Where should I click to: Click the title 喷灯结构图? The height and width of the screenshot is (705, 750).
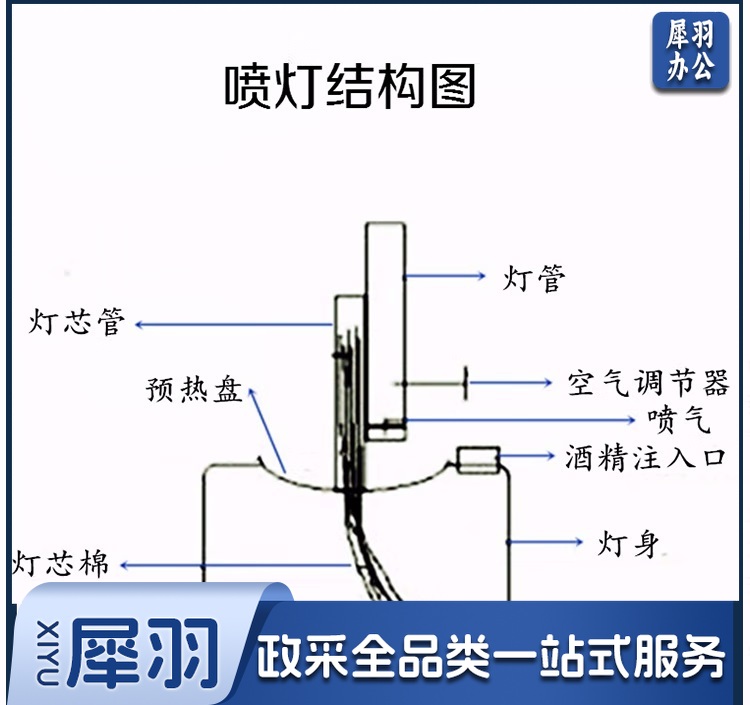[349, 87]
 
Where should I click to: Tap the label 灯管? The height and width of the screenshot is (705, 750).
[534, 277]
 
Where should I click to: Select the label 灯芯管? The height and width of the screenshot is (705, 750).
[77, 323]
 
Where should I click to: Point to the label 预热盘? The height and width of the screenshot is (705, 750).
[194, 389]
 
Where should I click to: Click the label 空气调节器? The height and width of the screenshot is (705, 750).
[648, 382]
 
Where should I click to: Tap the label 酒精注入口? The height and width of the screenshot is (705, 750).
[644, 458]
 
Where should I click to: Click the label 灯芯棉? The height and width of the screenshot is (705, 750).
[60, 562]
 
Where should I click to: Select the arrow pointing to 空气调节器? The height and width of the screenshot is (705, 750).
[510, 381]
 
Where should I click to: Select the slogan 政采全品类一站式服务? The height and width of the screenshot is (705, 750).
[490, 659]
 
